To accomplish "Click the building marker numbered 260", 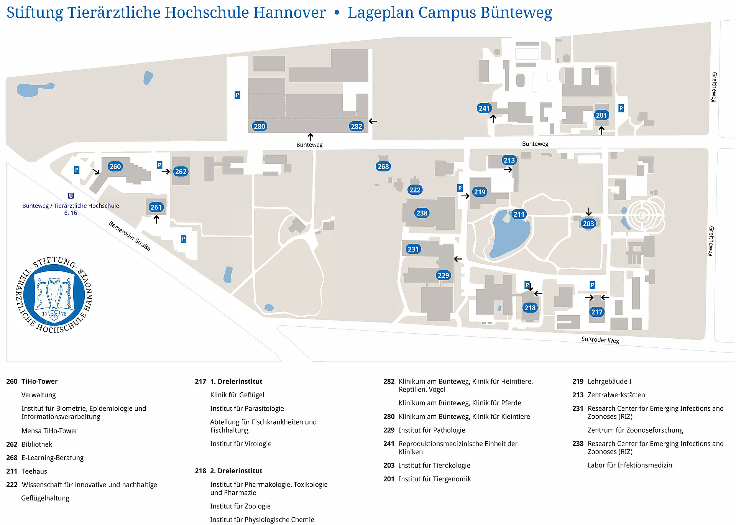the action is point(115,166).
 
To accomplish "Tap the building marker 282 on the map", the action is point(356,126).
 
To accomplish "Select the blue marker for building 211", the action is point(519,214).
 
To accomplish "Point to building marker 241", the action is point(485,108).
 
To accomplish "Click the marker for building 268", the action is point(383,166).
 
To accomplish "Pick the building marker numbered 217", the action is point(597,312).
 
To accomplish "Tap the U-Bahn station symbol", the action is point(71,196).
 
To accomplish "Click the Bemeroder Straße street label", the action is point(130,236).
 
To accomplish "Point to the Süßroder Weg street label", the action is point(600,340).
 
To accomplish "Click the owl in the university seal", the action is point(54,293).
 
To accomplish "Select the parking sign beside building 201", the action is point(621,109).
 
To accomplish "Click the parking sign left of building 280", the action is point(237,95).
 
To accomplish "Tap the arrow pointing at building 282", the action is point(373,121).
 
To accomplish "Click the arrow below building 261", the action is point(156,219).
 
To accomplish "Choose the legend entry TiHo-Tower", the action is point(39,382).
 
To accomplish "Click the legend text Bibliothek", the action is point(37,444).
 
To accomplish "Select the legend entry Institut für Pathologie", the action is point(432,430).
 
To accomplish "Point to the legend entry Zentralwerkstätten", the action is point(616,395).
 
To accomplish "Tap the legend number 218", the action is point(200,471).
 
